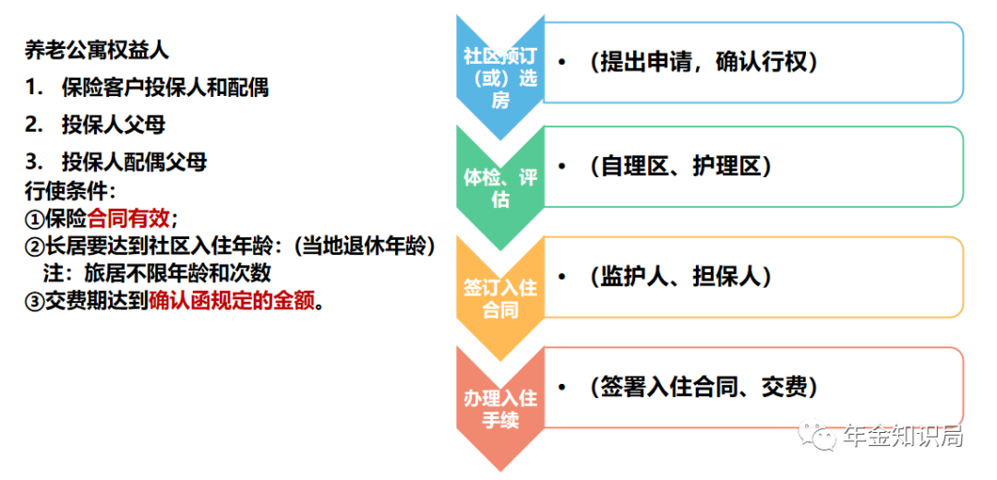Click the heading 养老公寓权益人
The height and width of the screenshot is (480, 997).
[97, 50]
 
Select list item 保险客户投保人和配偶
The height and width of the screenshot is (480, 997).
[165, 88]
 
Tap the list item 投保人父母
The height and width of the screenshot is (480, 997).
[114, 126]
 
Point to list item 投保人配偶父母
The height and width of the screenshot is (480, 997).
[134, 162]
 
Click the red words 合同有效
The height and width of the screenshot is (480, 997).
[129, 219]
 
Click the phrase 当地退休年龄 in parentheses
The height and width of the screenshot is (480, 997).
[363, 246]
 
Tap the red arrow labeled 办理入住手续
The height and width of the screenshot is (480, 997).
[500, 408]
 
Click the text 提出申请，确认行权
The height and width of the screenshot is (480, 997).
[703, 62]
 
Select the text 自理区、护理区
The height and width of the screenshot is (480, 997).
[680, 166]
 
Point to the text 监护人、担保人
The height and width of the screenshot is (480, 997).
[680, 277]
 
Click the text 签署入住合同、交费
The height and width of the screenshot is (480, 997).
[703, 387]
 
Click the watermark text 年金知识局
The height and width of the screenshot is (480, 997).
[904, 436]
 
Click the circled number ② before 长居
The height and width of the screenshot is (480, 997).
[34, 246]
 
